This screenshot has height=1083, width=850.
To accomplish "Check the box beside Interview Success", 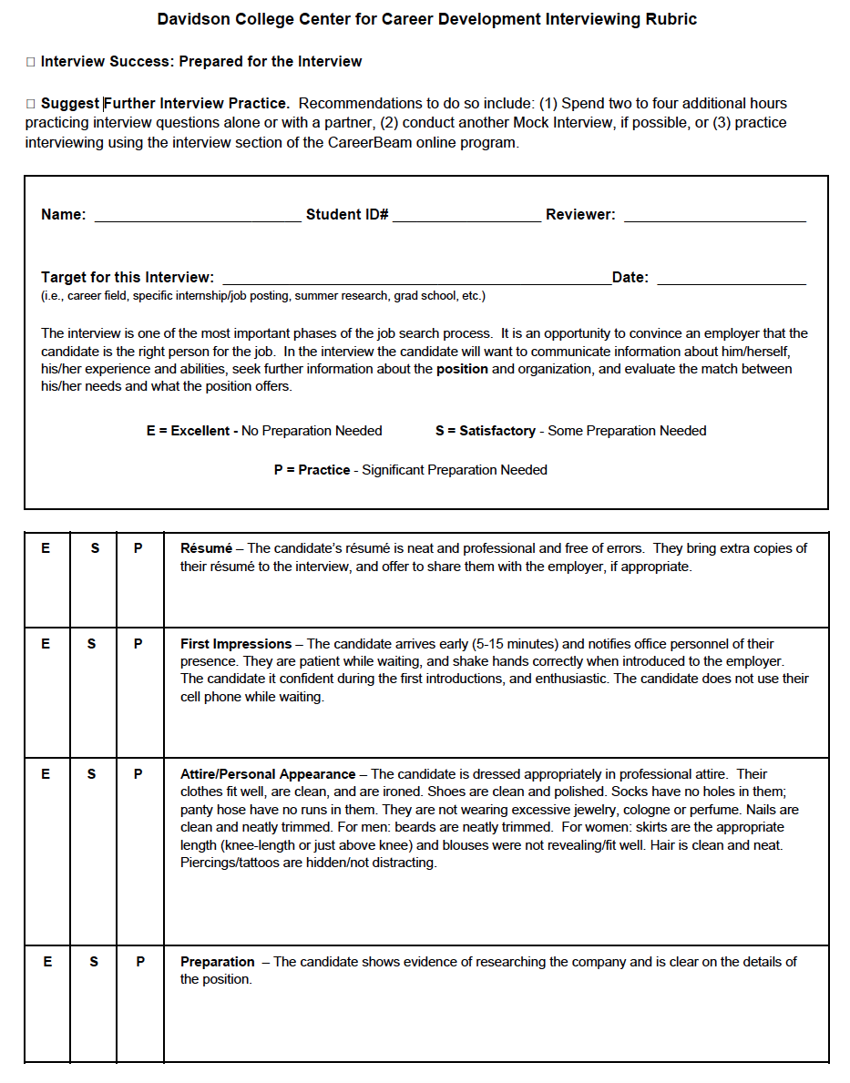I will click(x=30, y=62).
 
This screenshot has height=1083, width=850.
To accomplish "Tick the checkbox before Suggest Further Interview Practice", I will click(x=30, y=104).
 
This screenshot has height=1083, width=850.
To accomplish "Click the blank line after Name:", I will click(x=197, y=219).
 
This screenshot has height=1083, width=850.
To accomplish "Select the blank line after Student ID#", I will click(x=466, y=219).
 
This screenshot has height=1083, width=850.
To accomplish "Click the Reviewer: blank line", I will click(x=714, y=219).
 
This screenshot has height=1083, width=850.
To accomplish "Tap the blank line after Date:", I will click(x=731, y=281).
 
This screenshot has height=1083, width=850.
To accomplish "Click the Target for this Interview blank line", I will click(x=416, y=281).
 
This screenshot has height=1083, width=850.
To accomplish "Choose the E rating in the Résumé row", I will click(x=46, y=548).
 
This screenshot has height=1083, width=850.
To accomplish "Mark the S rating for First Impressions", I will click(x=91, y=644).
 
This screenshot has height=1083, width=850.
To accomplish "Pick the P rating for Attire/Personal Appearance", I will click(x=138, y=774).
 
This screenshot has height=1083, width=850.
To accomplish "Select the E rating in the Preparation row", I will click(x=47, y=962).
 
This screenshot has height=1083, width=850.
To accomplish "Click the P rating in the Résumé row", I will click(x=138, y=548).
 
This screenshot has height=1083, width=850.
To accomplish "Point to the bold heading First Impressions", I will click(x=236, y=644).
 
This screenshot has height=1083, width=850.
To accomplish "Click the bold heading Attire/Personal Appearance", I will click(x=268, y=774).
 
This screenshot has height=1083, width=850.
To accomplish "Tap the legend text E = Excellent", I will click(x=188, y=431).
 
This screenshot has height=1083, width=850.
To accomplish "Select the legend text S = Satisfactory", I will click(x=486, y=431).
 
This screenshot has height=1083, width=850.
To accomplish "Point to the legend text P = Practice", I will click(x=312, y=470).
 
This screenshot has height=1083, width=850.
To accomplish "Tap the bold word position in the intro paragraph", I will click(x=462, y=369).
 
